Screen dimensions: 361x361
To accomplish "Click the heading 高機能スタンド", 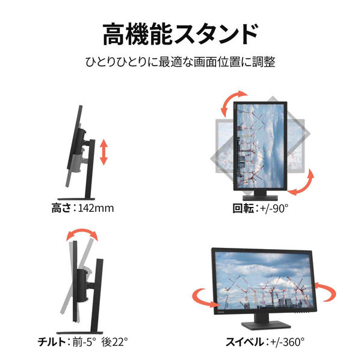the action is coord(180,34).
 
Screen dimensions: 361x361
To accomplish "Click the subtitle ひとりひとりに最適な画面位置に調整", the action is coord(180,62).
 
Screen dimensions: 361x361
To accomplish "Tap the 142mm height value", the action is coord(96,208).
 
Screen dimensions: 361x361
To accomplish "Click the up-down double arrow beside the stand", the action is coord(104,152).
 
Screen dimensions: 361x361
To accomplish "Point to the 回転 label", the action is coord(242,208).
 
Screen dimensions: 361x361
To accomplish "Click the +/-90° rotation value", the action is coord(274,208).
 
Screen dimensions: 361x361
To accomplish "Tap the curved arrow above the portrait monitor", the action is coord(232,101).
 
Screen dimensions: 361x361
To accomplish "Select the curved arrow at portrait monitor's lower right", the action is coord(302,183).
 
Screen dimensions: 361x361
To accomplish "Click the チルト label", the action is coord(52,342).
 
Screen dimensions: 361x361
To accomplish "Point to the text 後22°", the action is coord(114,342).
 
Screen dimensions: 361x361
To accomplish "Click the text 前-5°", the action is coord(84,342).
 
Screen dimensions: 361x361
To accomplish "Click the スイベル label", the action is coord(244,342).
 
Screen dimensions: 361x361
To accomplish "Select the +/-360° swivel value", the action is coord(287,342).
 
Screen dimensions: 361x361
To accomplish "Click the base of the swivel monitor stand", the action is coord(266,325).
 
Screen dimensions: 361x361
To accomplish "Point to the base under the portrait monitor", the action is coord(260,197).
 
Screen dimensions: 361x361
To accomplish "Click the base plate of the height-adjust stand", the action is coord(76,199).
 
